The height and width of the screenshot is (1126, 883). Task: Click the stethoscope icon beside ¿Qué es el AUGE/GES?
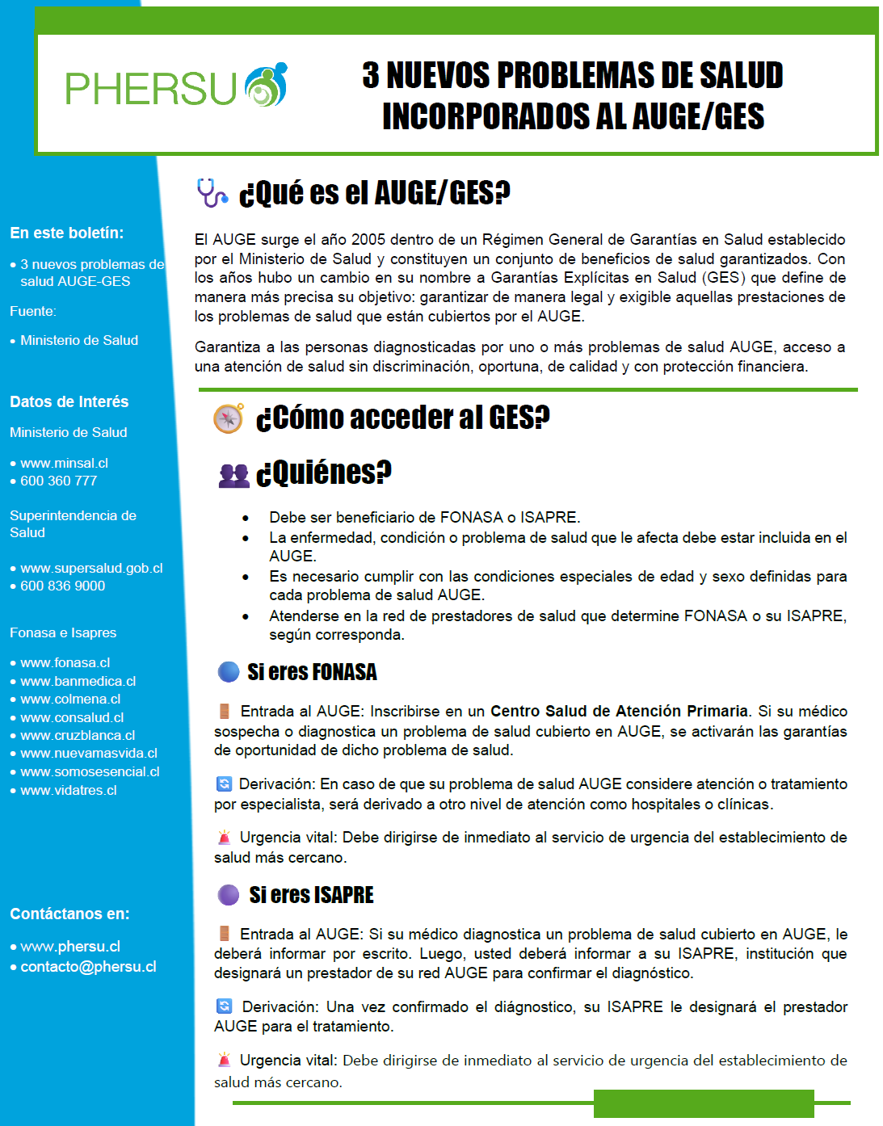click(x=212, y=193)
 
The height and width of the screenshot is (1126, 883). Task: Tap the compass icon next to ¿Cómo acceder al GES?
click(x=229, y=418)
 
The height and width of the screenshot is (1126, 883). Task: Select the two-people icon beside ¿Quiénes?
click(x=234, y=475)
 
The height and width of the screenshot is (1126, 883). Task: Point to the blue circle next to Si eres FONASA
click(x=229, y=672)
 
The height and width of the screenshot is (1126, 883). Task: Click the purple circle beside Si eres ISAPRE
click(x=229, y=895)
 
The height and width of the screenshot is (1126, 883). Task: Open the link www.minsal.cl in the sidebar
click(x=64, y=463)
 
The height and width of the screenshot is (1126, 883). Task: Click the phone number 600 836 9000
click(x=62, y=586)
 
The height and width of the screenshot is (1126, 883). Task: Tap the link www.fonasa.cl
click(x=65, y=662)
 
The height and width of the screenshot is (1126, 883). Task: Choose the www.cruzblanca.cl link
click(x=78, y=735)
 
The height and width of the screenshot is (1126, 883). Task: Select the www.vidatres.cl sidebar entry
click(x=69, y=790)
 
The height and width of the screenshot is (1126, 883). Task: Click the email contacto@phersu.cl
click(x=88, y=967)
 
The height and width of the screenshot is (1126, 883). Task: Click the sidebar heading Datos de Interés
click(x=69, y=401)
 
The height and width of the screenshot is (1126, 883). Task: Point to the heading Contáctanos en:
click(x=69, y=914)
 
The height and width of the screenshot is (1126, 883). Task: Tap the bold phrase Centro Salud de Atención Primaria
click(x=619, y=711)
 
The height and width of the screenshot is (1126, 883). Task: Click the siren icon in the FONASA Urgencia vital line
click(x=224, y=838)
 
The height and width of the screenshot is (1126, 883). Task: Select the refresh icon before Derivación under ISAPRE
click(x=224, y=1006)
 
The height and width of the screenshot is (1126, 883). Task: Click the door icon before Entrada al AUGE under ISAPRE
click(x=224, y=934)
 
